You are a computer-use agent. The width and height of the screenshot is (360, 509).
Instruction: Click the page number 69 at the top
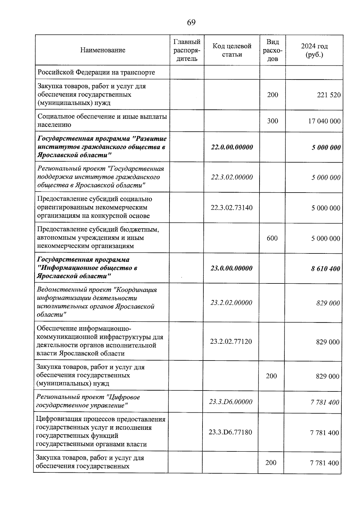click(x=191, y=23)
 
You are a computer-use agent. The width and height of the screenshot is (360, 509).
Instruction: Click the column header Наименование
click(x=103, y=50)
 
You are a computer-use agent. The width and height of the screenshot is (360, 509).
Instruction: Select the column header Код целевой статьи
click(x=232, y=50)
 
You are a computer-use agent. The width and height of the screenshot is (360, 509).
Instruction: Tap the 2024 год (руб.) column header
click(x=314, y=50)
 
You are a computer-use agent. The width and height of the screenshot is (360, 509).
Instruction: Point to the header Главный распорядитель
click(x=187, y=50)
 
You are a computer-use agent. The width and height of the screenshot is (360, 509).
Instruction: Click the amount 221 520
click(x=329, y=95)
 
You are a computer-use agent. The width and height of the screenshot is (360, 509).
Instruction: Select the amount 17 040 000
click(x=324, y=121)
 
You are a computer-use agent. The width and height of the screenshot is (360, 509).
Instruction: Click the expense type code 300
click(x=272, y=121)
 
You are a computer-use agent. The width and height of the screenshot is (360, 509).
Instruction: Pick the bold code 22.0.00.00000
click(x=232, y=147)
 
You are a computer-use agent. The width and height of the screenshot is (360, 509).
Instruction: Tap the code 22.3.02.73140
click(x=232, y=208)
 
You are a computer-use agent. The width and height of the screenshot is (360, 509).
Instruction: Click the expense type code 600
click(x=272, y=238)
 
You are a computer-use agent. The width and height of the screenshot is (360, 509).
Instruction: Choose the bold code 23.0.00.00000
click(x=231, y=268)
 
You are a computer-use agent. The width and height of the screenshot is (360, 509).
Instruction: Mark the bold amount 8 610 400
click(x=325, y=268)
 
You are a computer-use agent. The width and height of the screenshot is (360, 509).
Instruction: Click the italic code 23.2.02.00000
click(x=231, y=303)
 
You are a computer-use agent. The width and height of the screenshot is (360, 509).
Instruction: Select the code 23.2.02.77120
click(x=231, y=341)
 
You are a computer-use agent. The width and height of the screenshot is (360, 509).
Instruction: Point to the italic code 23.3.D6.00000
click(x=231, y=402)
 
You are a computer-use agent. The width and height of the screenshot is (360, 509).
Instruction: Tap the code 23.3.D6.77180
click(x=230, y=432)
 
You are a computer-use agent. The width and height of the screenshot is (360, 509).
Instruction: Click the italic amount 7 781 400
click(x=325, y=402)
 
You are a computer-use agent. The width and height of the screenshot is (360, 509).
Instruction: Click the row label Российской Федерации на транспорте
click(x=96, y=72)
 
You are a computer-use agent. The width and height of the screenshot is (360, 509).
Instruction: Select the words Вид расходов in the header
click(x=272, y=50)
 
